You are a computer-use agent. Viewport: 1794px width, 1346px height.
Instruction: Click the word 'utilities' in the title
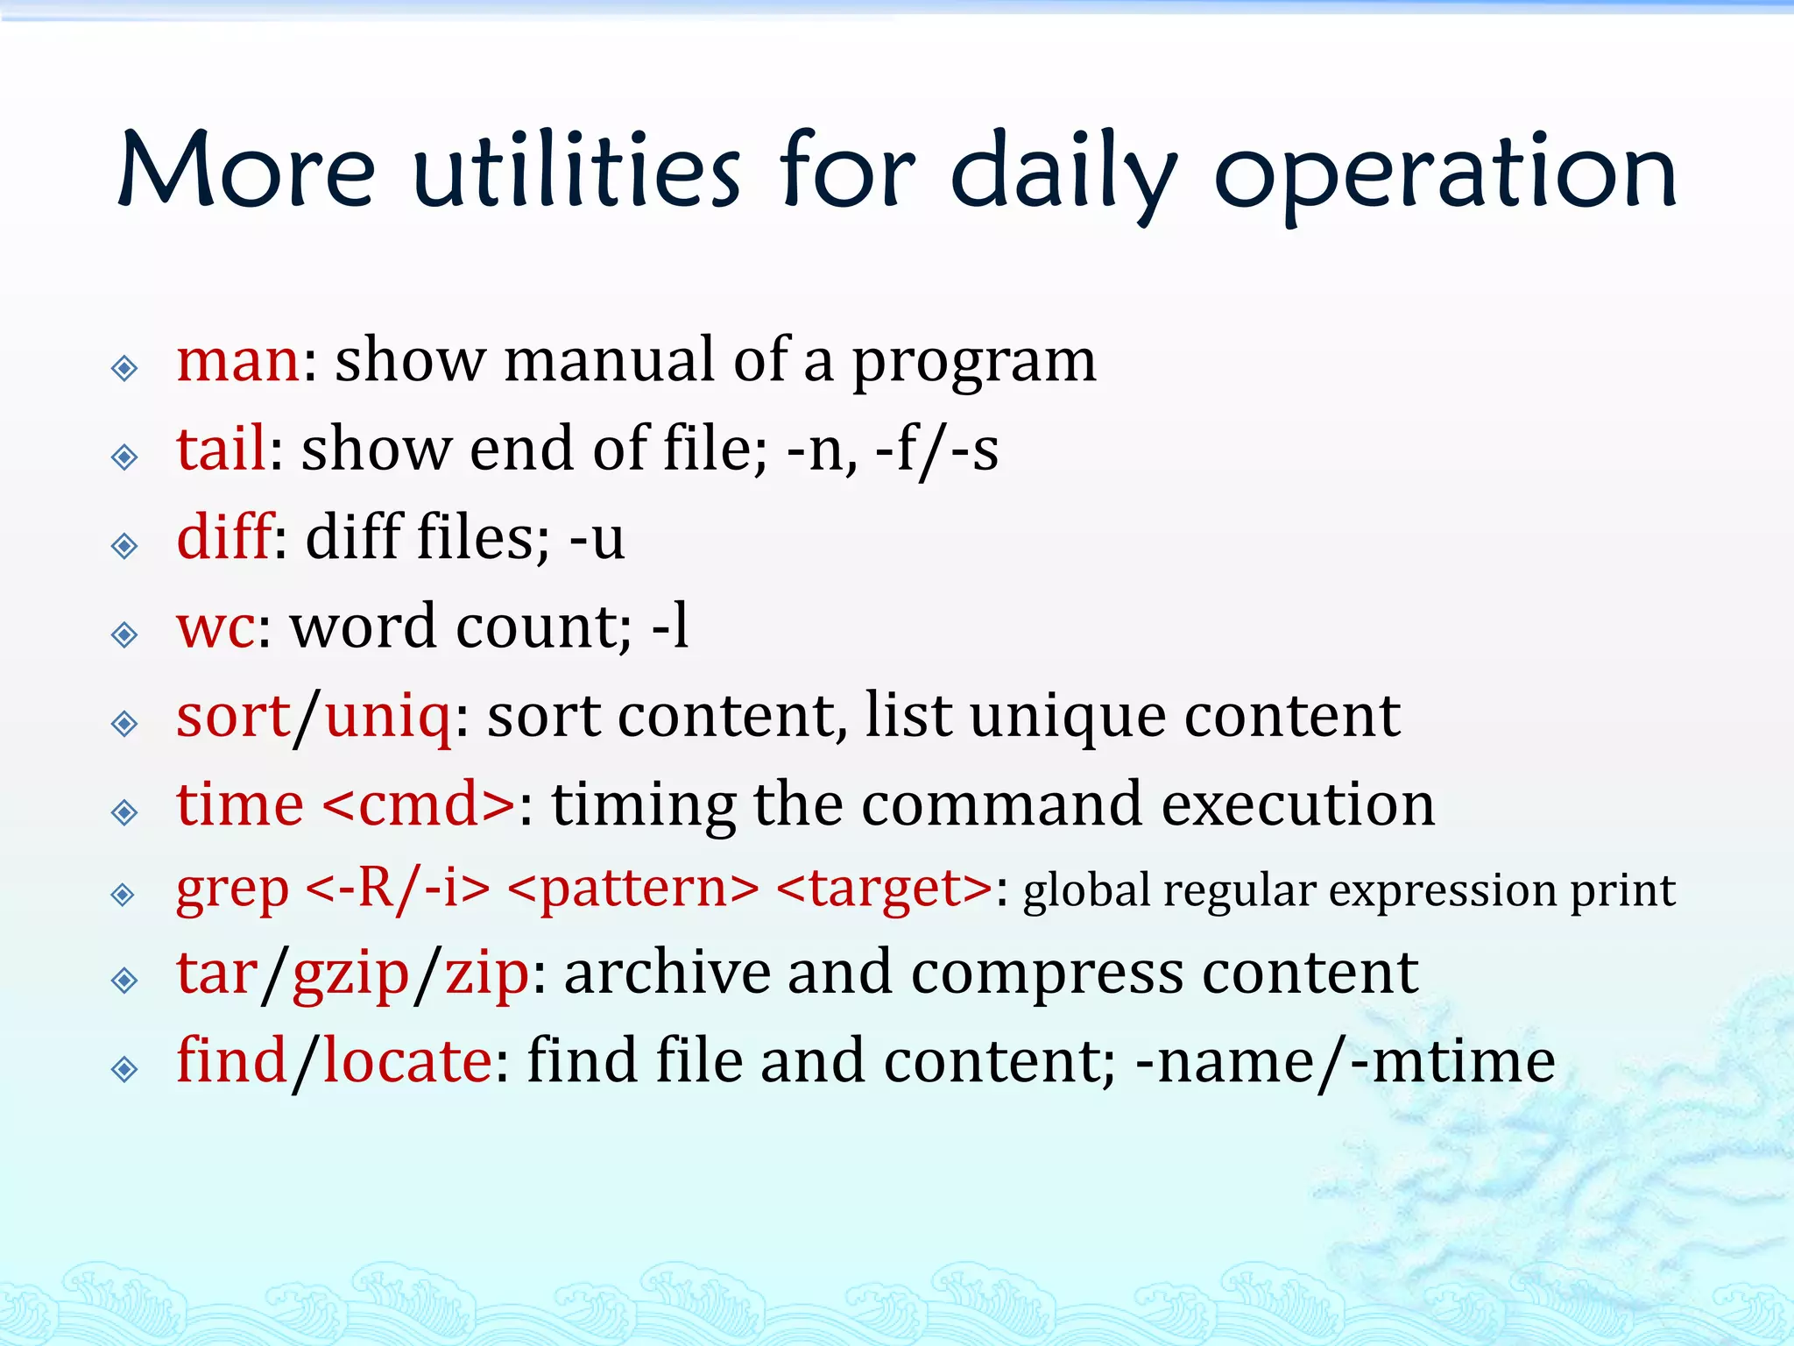[x=576, y=171]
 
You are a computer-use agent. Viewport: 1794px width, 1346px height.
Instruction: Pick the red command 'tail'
[x=221, y=449]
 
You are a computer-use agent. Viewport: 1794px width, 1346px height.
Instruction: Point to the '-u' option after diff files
[x=597, y=538]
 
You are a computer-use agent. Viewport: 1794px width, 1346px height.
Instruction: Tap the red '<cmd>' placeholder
[x=419, y=804]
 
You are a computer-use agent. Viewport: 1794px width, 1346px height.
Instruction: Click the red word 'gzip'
[x=350, y=974]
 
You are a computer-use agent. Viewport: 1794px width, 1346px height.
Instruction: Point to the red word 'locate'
[x=407, y=1062]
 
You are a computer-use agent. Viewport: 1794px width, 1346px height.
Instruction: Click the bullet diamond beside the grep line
[x=124, y=894]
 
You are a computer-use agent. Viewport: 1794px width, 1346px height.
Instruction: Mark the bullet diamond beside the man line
[x=124, y=368]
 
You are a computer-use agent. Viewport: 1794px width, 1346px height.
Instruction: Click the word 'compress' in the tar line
[x=1047, y=974]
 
